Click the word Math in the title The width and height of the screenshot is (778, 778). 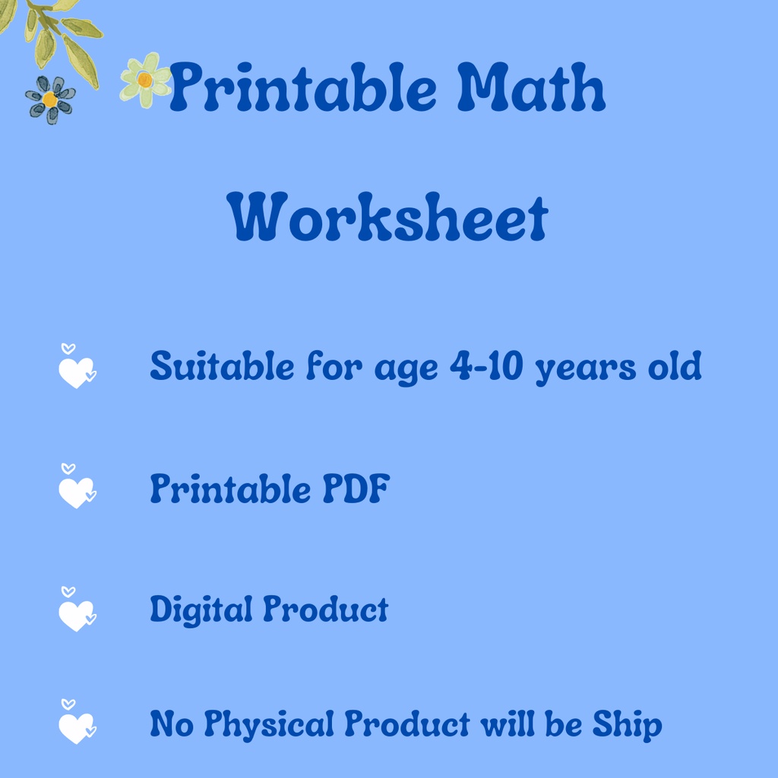coord(531,87)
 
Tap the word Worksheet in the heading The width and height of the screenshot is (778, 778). coord(387,217)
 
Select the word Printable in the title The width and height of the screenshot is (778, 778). coord(302,87)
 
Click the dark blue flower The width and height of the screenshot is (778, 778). coord(50,100)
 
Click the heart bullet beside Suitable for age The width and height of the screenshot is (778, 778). coord(77,367)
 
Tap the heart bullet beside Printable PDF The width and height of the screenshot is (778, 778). coord(77,487)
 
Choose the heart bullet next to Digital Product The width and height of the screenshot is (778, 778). coord(77,609)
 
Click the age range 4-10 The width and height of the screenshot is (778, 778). coord(486,366)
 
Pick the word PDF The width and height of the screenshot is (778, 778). coord(356,489)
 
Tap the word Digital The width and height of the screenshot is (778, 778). coord(201,610)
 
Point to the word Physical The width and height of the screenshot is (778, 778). coord(269,725)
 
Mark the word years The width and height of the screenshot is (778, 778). coord(586,369)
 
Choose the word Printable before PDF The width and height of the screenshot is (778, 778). coord(230,489)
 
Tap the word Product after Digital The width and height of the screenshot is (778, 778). coord(325,610)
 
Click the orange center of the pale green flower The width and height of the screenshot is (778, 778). coord(144,79)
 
